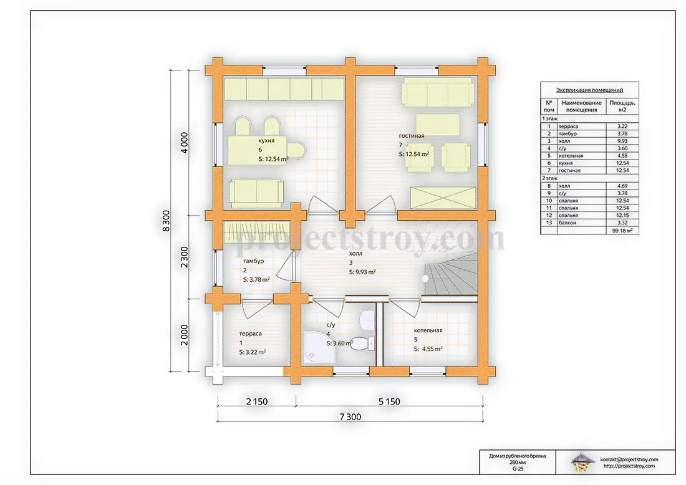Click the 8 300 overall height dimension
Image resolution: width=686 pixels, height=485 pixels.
167,221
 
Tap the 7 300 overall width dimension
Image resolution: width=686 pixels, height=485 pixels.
350,417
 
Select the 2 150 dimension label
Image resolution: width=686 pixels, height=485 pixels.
257,401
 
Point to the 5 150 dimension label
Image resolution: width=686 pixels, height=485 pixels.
389,401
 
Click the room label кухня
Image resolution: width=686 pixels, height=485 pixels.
266,141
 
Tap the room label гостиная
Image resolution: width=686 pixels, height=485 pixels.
411,135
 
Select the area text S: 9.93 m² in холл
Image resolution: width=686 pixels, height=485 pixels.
362,272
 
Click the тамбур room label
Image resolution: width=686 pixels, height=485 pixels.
253,261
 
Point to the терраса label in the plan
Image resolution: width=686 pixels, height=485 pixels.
250,334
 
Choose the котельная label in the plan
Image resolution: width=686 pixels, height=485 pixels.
428,330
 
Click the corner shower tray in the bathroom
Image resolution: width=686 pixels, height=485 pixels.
319,347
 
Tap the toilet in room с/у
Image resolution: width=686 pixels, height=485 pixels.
362,343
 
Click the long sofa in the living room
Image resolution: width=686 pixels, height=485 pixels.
438,92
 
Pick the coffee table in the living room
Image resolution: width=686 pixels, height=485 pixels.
438,125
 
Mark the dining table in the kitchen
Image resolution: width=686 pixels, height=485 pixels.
257,150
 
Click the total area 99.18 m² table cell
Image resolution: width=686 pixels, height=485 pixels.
622,230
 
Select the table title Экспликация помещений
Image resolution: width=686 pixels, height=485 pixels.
589,90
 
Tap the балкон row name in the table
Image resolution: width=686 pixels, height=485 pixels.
567,223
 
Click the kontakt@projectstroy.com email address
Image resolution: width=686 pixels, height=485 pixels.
629,459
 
